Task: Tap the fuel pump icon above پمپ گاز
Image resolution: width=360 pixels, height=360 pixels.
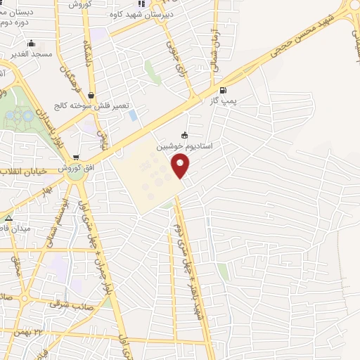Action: point(224,90)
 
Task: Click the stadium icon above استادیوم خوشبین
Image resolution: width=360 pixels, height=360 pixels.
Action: point(184,136)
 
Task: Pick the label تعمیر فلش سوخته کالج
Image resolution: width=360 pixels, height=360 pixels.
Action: point(94,105)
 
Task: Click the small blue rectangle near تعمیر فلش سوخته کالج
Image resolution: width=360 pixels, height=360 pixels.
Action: point(132,115)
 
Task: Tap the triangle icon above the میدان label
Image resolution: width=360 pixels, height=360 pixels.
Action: point(8,219)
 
